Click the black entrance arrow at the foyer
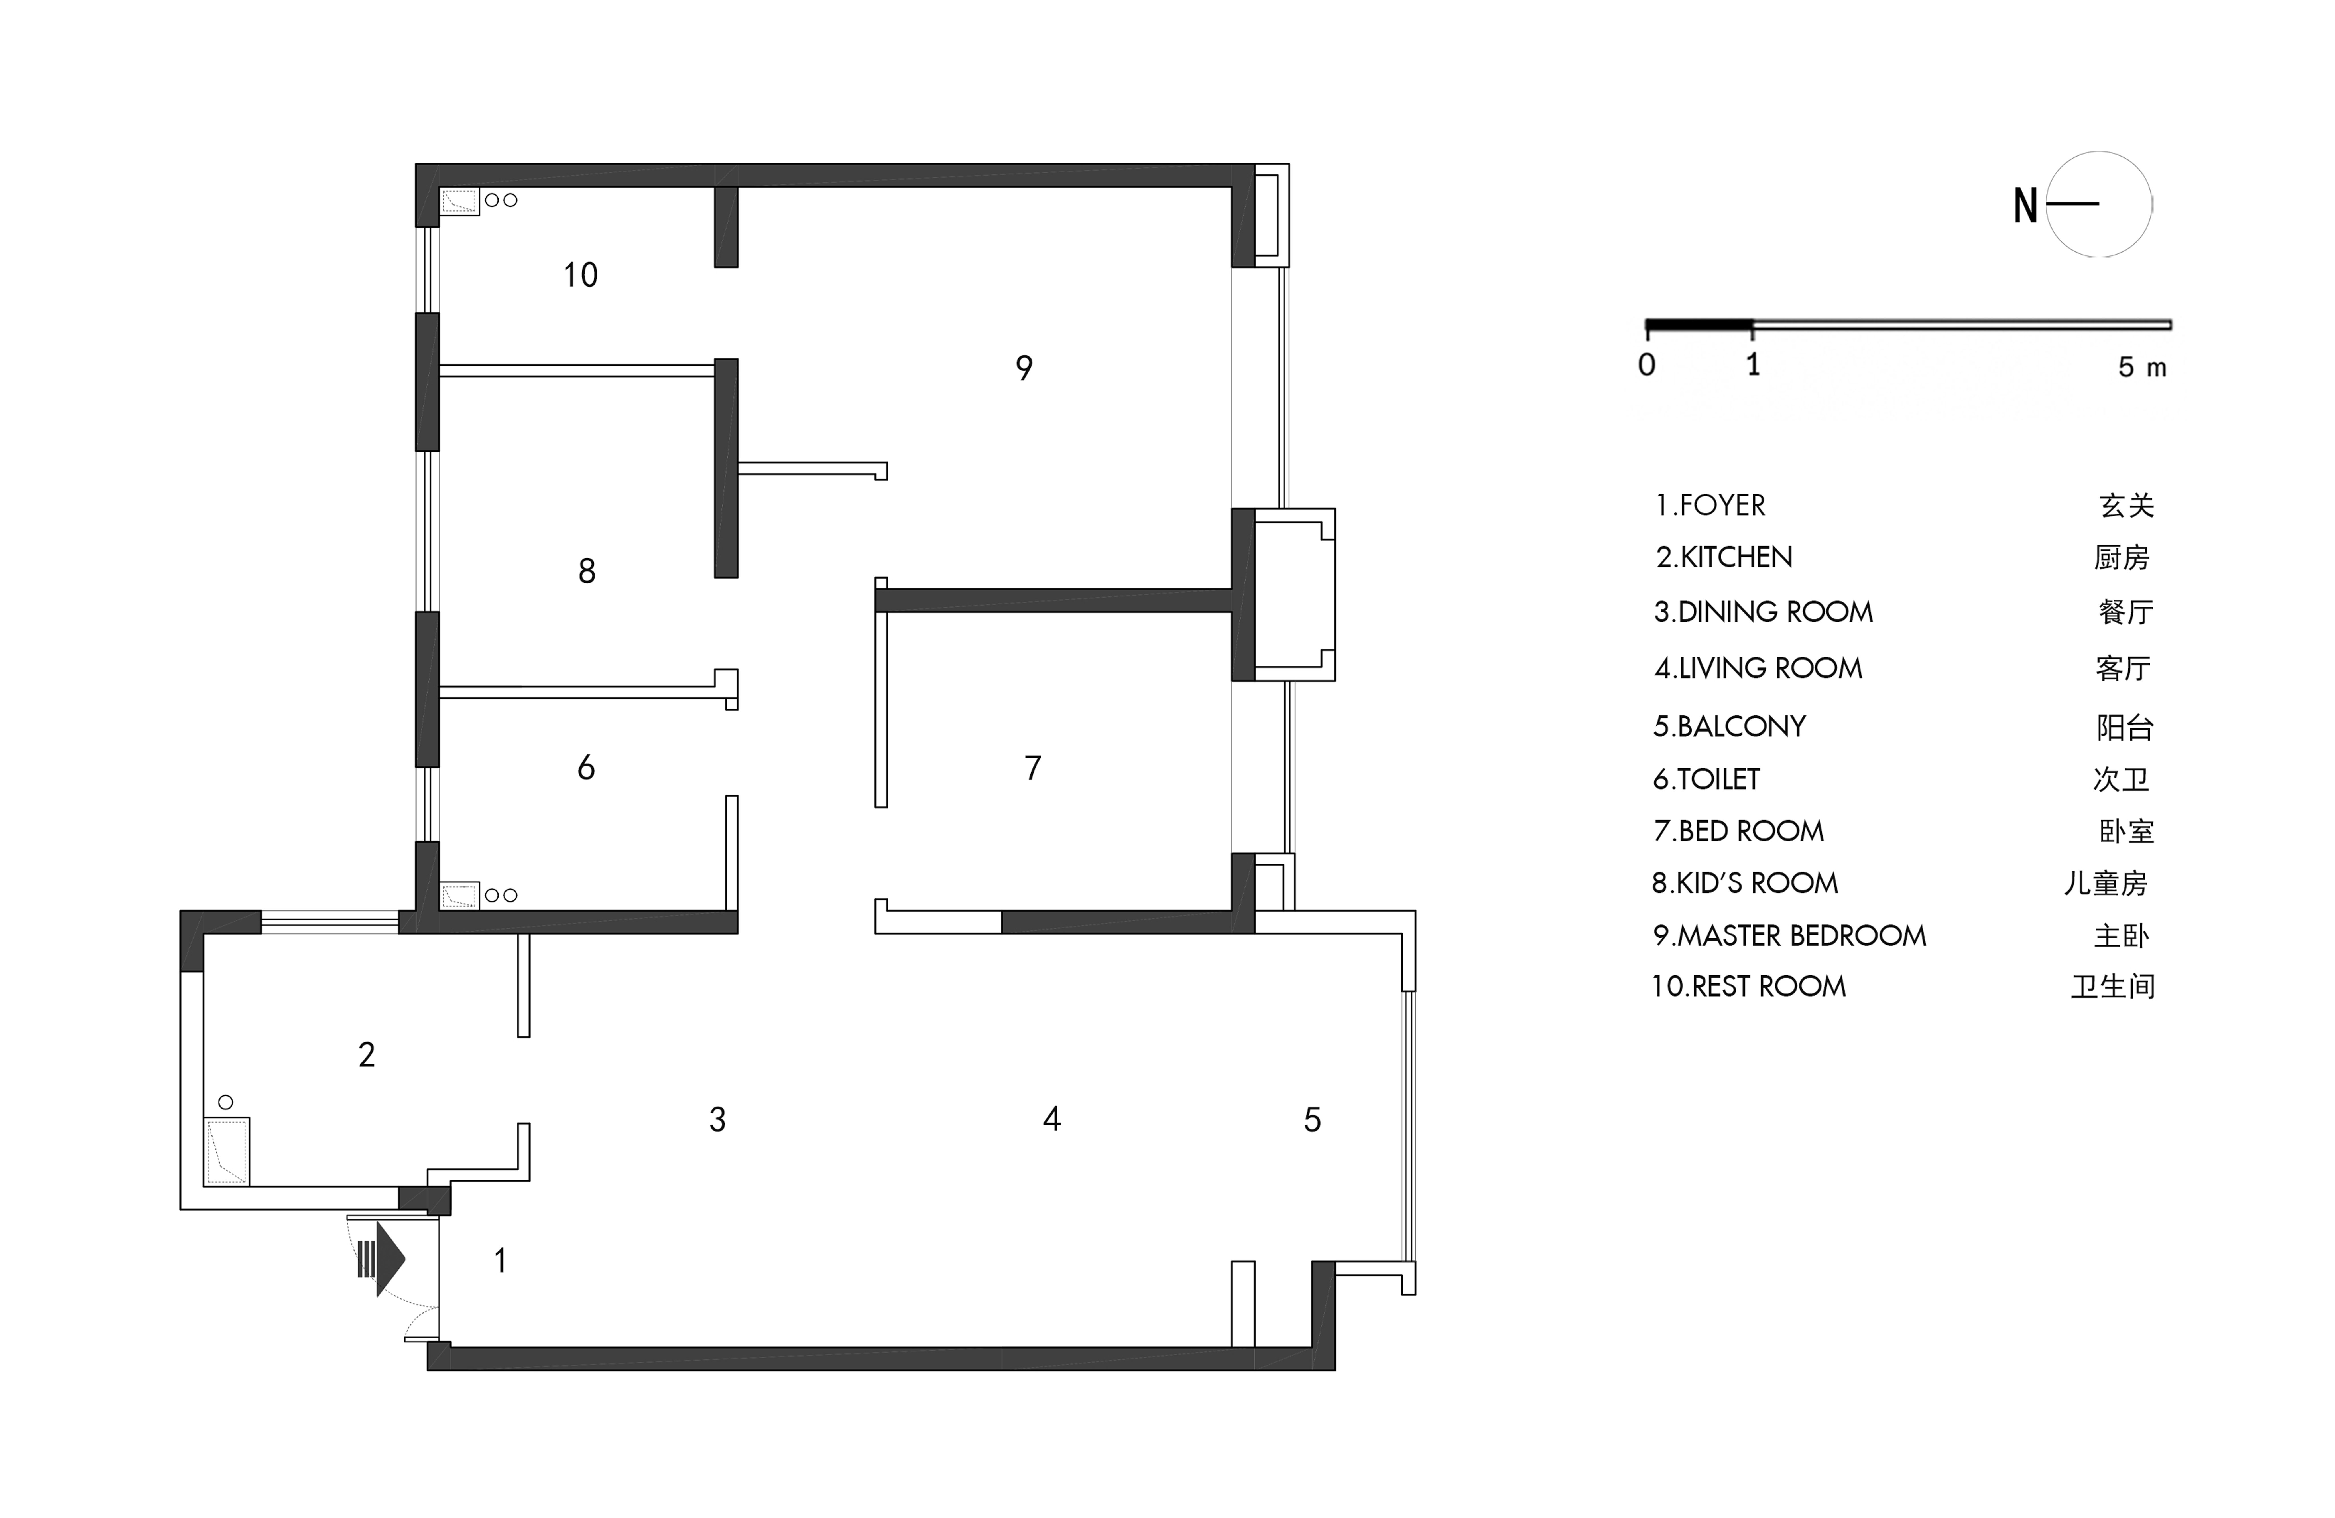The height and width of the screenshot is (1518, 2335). pyautogui.click(x=383, y=1259)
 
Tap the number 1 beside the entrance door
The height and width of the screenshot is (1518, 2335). pyautogui.click(x=500, y=1260)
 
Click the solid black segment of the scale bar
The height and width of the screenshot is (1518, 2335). pyautogui.click(x=1699, y=324)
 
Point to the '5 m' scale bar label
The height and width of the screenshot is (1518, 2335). pyautogui.click(x=2142, y=367)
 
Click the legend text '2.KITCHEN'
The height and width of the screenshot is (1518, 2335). pyautogui.click(x=1724, y=557)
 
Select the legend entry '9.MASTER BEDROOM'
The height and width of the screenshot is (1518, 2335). pyautogui.click(x=1789, y=935)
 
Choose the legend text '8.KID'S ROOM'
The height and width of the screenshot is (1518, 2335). pyautogui.click(x=1744, y=883)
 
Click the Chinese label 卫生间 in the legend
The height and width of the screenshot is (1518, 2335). pyautogui.click(x=2112, y=986)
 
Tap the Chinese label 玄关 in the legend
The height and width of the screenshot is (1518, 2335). pyautogui.click(x=2126, y=505)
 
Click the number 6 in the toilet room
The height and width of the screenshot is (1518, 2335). pyautogui.click(x=586, y=767)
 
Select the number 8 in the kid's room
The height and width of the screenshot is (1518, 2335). pyautogui.click(x=587, y=571)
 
